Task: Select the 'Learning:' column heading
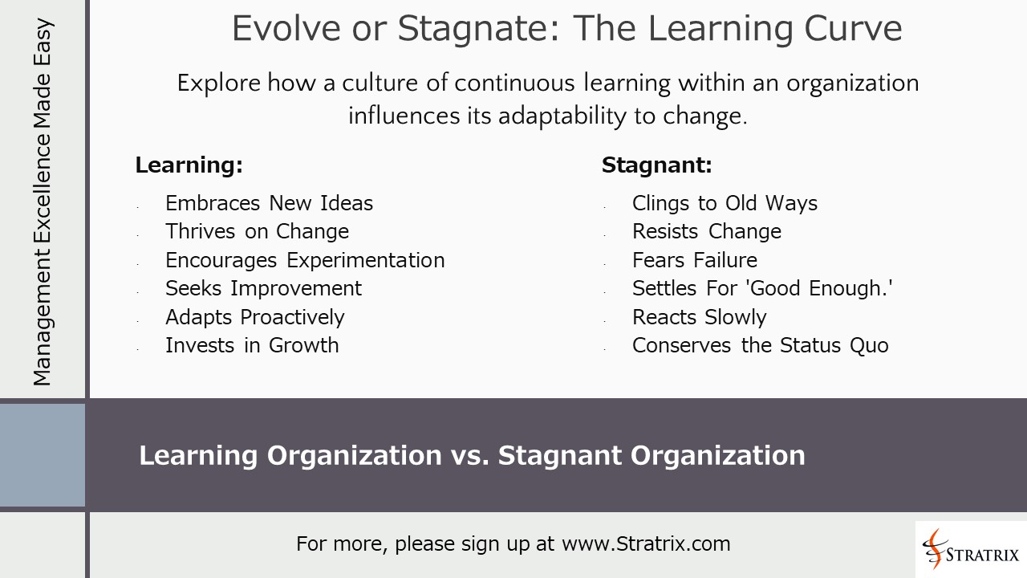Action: coord(189,165)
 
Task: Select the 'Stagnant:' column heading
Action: coord(656,165)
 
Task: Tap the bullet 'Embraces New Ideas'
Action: coord(269,203)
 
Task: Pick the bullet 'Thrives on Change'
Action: coord(257,231)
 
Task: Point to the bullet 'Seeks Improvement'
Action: coord(263,288)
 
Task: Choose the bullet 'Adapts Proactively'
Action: coord(254,317)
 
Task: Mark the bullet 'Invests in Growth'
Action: coord(252,345)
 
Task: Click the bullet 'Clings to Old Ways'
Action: coord(725,203)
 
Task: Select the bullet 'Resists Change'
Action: coord(706,231)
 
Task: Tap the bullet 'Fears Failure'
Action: coord(694,260)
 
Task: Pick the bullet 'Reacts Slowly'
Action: coord(699,317)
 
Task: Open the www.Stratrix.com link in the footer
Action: coord(646,543)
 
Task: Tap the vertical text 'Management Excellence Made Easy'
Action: coord(42,201)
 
